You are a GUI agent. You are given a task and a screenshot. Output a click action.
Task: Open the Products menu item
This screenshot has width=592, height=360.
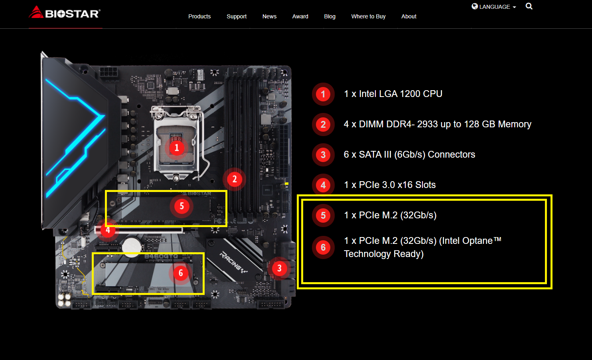[x=199, y=16]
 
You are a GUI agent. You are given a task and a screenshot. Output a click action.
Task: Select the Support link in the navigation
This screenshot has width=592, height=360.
[x=237, y=16]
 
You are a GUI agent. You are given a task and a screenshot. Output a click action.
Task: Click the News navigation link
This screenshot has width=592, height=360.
[x=269, y=16]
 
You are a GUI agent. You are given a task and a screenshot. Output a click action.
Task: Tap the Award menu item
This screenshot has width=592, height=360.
[x=300, y=16]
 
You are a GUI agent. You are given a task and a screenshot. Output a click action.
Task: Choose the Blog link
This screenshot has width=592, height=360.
[x=330, y=16]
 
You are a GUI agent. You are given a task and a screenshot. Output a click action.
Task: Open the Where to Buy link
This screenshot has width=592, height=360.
[x=369, y=16]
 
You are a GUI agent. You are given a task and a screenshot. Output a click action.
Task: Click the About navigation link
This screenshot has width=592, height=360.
[x=409, y=16]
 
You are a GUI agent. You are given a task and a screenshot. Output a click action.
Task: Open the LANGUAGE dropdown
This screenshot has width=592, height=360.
[x=494, y=7]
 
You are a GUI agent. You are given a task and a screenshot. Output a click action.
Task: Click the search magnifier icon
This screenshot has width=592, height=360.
[x=529, y=6]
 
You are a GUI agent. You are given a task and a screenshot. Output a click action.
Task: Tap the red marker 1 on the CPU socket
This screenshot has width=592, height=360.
[x=177, y=148]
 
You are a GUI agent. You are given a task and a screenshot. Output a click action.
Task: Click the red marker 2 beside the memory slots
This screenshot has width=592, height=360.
[x=235, y=179]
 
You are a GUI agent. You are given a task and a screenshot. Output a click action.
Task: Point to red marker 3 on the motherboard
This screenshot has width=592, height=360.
[x=279, y=268]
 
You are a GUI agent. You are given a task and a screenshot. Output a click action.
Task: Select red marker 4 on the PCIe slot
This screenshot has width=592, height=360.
[x=108, y=230]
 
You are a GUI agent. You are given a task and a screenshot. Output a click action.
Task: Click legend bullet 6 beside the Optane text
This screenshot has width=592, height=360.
[x=323, y=247]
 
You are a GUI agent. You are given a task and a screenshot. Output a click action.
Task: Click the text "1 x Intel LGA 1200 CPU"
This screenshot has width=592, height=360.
[x=393, y=94]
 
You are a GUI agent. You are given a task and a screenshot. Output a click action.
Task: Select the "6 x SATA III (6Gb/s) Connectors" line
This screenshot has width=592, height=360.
[x=409, y=154]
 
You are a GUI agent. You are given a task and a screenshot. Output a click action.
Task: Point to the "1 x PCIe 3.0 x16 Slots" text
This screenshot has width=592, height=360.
[x=390, y=185]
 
